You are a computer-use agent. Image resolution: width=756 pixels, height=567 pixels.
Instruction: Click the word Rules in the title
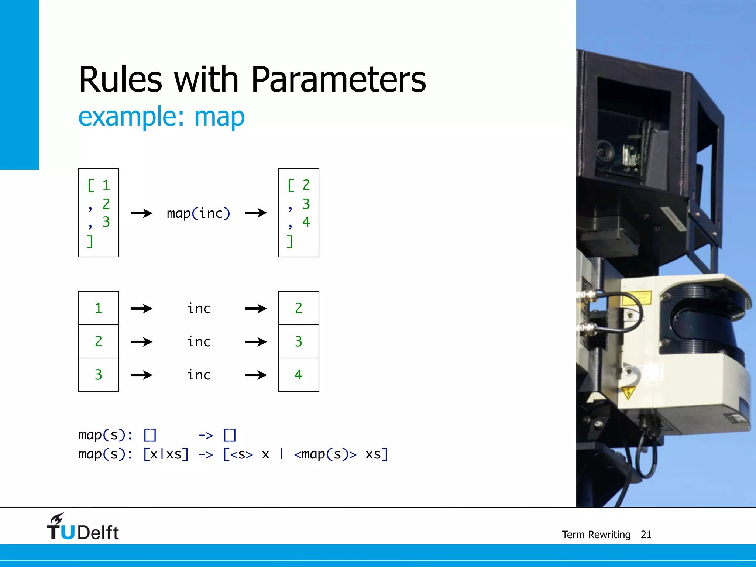[120, 79]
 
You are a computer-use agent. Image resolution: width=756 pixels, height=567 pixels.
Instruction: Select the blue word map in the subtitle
[219, 117]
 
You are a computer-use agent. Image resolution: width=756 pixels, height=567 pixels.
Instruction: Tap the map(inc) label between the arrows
[198, 213]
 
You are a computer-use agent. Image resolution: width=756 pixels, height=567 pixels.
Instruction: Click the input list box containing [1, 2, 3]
[99, 213]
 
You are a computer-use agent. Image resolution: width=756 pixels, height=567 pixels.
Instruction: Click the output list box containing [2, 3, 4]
[298, 213]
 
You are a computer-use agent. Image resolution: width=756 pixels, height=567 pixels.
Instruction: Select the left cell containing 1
[99, 308]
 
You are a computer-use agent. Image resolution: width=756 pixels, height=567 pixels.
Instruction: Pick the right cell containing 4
[298, 375]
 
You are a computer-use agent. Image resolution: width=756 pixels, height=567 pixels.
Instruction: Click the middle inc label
[199, 342]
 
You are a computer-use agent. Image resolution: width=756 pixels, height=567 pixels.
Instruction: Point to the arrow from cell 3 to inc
[141, 375]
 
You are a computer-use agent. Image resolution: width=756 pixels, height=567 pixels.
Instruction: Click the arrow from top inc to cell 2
[255, 309]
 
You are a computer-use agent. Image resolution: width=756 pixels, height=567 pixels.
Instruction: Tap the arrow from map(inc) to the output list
[255, 213]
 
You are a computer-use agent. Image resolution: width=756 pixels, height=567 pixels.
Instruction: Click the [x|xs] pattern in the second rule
[166, 454]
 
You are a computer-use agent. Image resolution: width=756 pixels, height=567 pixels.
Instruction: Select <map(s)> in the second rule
[325, 454]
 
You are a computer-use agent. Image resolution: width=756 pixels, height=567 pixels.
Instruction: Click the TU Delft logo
[83, 527]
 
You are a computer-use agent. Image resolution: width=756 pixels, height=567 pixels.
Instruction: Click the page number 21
[646, 535]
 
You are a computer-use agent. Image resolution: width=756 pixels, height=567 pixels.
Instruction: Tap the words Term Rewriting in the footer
[596, 535]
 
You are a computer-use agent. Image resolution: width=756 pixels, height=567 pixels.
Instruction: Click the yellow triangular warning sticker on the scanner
[628, 392]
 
